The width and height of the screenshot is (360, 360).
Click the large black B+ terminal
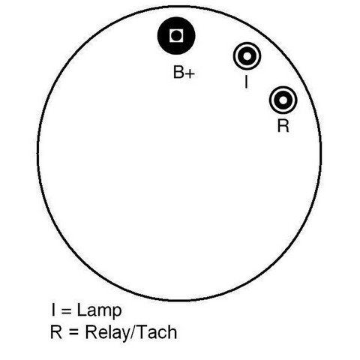pos(176,36)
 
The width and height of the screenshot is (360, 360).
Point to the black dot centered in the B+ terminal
pos(176,36)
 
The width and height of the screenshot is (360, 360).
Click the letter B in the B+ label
pos(179,72)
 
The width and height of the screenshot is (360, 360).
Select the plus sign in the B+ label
pos(190,73)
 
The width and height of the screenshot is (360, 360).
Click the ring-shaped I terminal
pos(247,46)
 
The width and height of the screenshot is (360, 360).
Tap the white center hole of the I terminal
pos(247,56)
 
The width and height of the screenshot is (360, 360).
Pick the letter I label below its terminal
pos(246,82)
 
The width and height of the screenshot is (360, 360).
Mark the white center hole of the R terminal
pos(283,100)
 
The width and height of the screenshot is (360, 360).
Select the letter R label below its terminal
pos(283,125)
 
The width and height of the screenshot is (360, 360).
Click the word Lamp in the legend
pos(100,310)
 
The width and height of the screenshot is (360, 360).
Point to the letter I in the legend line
pos(53,310)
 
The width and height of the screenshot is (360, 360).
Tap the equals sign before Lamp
pos(67,311)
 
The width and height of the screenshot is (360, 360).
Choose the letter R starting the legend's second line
pos(56,331)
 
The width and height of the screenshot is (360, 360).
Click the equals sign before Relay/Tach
pos(74,332)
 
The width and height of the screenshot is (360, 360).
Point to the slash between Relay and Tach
pos(134,332)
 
